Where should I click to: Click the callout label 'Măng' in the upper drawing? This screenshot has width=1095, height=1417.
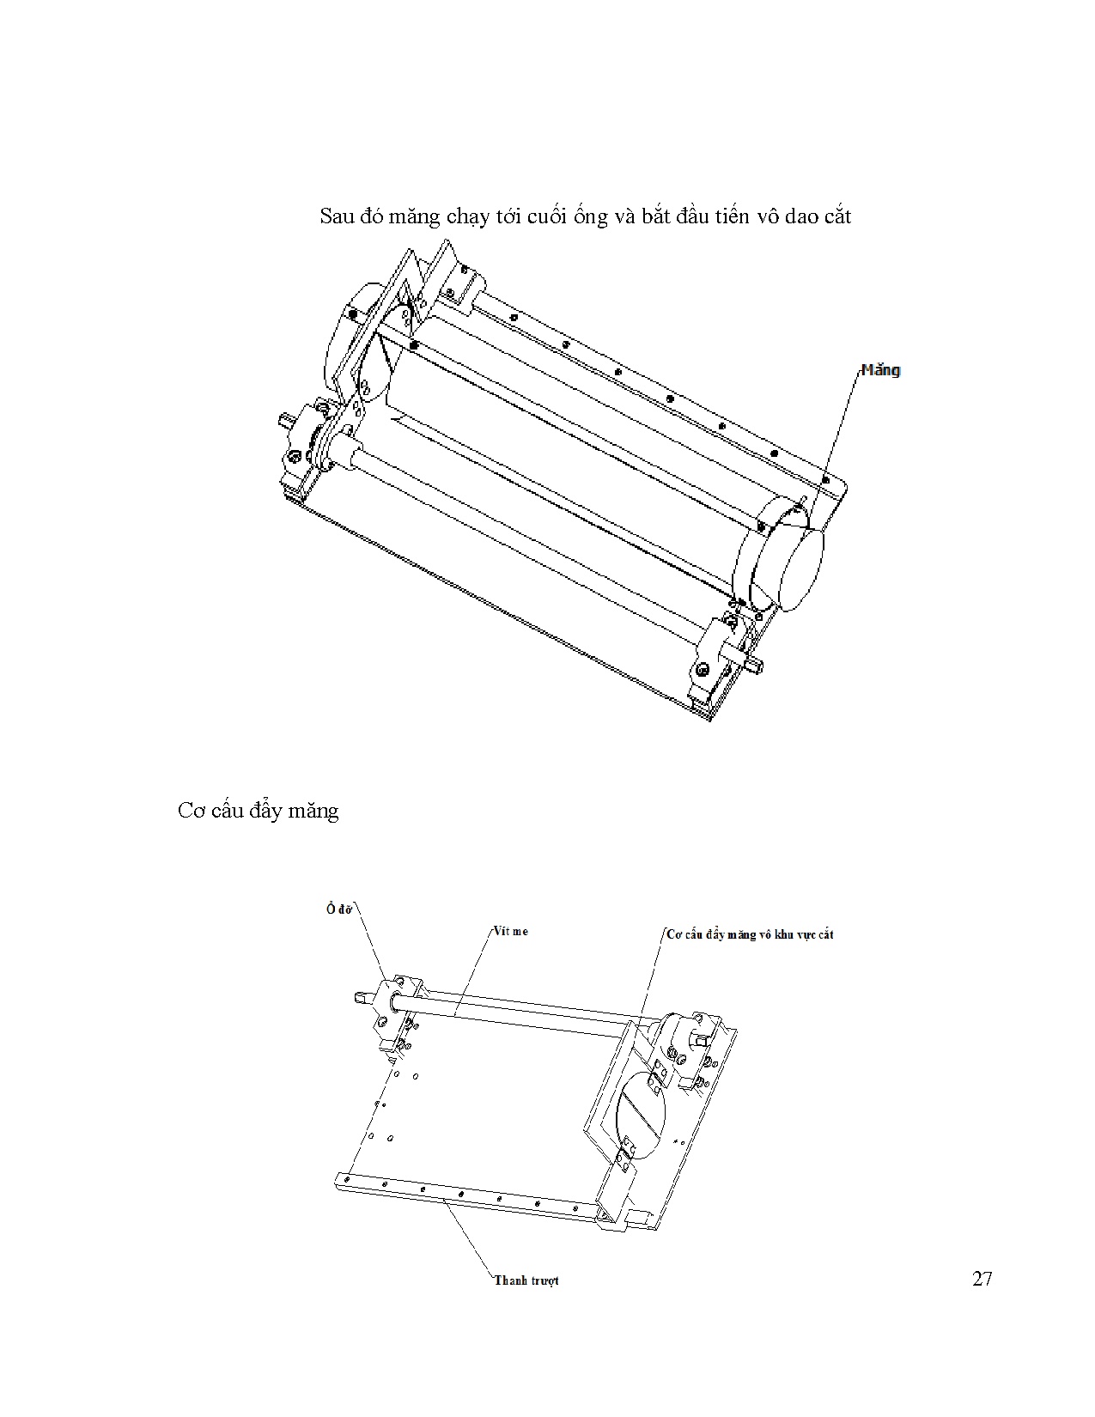click(880, 371)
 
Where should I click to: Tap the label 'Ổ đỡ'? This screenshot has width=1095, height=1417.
click(340, 910)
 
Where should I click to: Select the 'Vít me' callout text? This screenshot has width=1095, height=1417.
click(510, 930)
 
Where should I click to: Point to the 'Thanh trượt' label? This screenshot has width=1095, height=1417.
click(526, 1280)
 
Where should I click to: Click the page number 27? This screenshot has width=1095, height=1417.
click(982, 1279)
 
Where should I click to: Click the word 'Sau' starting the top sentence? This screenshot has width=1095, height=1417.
click(337, 216)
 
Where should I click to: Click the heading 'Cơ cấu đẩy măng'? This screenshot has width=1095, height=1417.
click(259, 811)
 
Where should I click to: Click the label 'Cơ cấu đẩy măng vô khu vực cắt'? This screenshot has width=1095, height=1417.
click(750, 934)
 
